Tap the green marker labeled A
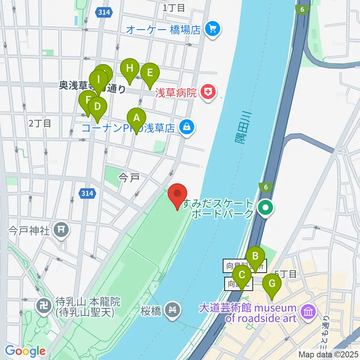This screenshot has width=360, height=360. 136,118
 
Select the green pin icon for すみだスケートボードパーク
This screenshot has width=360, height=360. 266,207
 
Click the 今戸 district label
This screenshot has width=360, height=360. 129,177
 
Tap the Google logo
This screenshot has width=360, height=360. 25,351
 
